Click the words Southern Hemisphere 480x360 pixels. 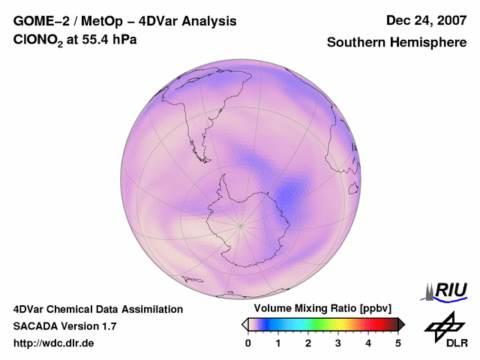397,43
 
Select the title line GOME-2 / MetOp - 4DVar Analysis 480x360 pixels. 125,21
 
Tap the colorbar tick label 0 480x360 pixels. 248,343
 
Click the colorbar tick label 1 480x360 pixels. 278,343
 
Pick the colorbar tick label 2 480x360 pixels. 308,343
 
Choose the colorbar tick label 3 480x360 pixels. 338,343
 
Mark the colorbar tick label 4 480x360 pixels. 368,343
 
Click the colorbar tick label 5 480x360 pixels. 398,343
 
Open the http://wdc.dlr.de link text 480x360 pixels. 54,343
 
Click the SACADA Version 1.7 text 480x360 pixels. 64,326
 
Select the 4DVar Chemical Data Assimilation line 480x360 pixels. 98,309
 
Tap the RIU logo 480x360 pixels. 445,290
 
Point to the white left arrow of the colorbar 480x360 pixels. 244,324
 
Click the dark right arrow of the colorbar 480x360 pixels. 401,324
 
